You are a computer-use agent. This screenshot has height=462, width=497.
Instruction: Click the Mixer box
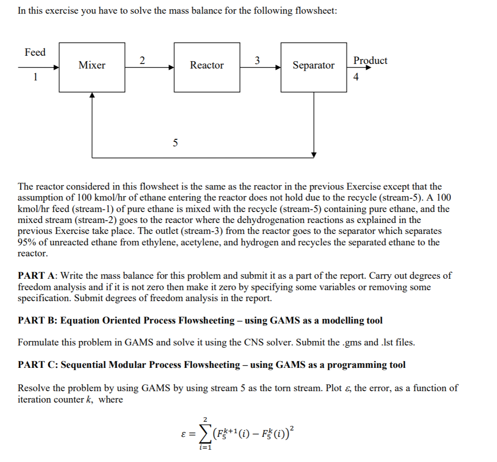pos(92,65)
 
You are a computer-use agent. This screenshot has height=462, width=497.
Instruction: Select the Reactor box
pos(207,65)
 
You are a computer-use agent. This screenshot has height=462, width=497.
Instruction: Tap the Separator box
pos(314,65)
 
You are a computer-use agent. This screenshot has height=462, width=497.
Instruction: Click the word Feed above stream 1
pos(35,53)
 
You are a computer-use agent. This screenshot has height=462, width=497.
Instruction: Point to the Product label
pos(370,61)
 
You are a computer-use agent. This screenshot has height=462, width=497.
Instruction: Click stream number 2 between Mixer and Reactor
pos(142,60)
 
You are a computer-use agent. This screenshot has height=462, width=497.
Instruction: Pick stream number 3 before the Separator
pos(257,60)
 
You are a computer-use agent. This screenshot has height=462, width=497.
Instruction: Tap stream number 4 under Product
pos(356,77)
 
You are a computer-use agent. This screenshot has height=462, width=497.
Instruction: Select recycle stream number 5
pos(175,143)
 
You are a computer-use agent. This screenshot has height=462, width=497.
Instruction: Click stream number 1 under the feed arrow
pos(34,77)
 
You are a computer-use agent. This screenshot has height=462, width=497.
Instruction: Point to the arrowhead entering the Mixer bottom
pos(92,94)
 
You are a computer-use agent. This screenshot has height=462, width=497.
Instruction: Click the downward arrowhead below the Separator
pos(314,154)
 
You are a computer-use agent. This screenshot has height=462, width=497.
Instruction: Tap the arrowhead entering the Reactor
pos(172,67)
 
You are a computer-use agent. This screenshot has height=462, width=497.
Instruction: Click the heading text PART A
pos(37,276)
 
